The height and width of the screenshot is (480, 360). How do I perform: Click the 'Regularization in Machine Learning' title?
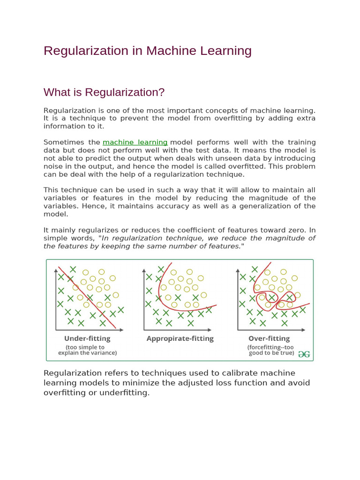pos(147,51)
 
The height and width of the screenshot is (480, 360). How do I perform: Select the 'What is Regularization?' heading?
pos(104,92)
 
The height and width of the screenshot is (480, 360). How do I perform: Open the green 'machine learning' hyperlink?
pos(135,142)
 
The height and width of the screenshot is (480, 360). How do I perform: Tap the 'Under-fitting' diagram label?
pos(87,338)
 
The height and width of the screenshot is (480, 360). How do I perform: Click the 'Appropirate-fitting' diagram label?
pos(180,338)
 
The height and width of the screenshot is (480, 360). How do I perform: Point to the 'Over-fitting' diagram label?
pos(269,338)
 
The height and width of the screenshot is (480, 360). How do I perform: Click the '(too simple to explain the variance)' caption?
pos(87,350)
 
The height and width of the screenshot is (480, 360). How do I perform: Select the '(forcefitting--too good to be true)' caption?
pos(270,350)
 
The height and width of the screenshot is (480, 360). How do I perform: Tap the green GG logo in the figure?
pos(304,354)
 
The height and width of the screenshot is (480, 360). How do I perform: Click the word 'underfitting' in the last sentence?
pos(126,393)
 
